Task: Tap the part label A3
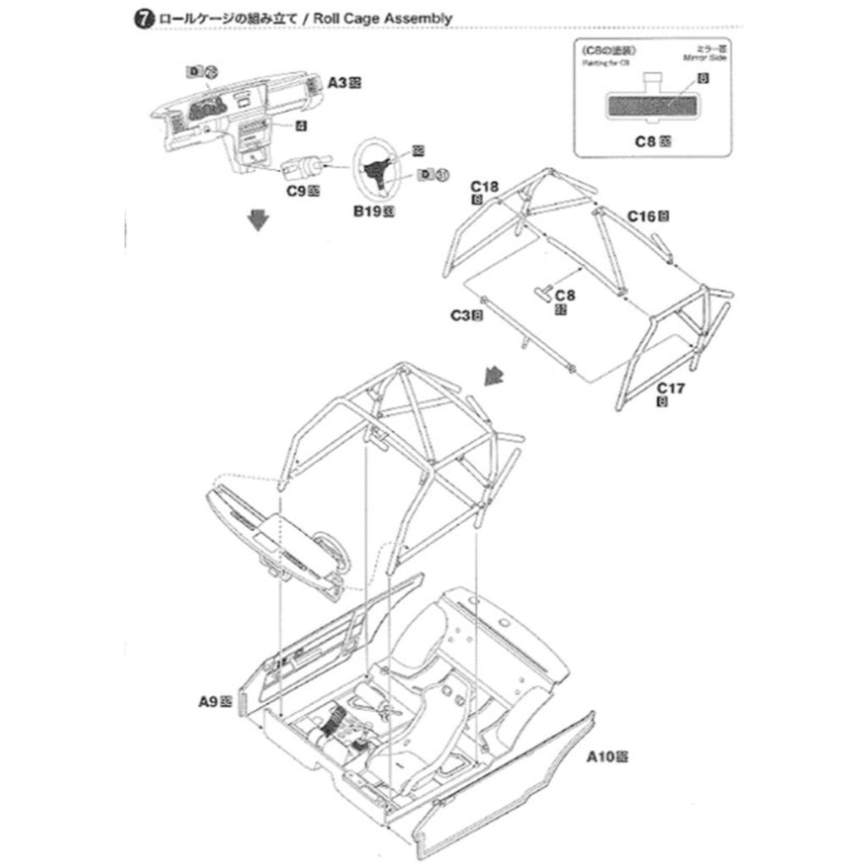tap(339, 82)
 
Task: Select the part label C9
tap(296, 191)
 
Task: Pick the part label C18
tap(484, 186)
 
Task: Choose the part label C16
tap(642, 216)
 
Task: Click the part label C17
tap(671, 389)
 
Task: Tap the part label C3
tap(460, 316)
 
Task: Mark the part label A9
tap(209, 701)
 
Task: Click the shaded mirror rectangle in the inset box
tap(651, 106)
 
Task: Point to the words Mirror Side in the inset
tap(708, 58)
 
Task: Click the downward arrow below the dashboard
tap(258, 221)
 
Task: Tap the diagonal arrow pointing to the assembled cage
tap(491, 374)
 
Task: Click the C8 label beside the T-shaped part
tap(564, 295)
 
